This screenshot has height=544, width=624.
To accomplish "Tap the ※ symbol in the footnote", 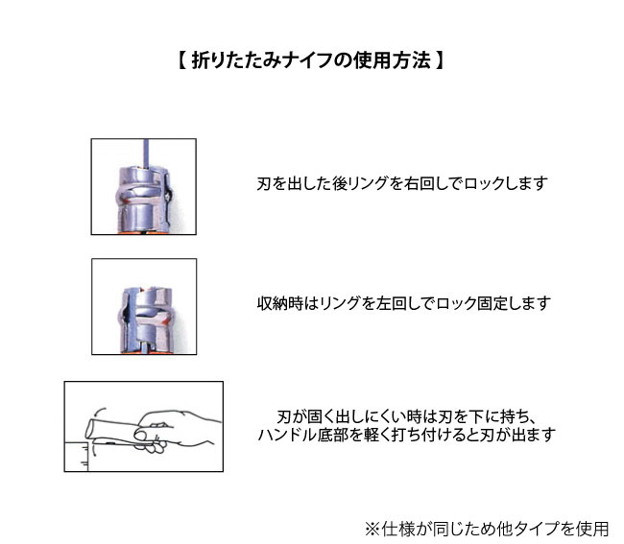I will (372, 528).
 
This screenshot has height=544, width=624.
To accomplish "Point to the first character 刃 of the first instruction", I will (264, 182).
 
